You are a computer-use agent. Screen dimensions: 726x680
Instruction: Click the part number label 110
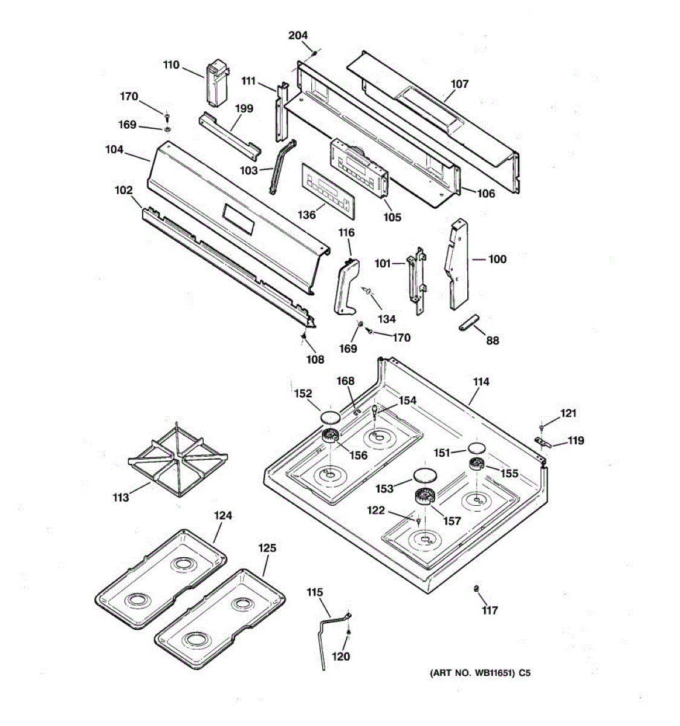pos(171,65)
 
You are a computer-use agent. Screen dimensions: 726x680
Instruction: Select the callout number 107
pos(459,84)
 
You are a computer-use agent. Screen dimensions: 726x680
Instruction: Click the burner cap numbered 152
pos(330,416)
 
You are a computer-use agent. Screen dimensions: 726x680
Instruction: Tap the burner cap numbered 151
pos(476,448)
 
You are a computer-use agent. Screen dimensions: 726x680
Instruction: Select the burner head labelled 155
pos(477,465)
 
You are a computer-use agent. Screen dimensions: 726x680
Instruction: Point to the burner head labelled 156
pos(330,436)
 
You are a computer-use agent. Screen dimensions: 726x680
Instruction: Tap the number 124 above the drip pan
pos(223,515)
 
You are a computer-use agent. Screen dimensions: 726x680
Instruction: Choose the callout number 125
pos(267,548)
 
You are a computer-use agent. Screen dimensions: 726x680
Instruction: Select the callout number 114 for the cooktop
pos(481,382)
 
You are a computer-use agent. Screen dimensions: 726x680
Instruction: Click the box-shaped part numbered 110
pos(216,83)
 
